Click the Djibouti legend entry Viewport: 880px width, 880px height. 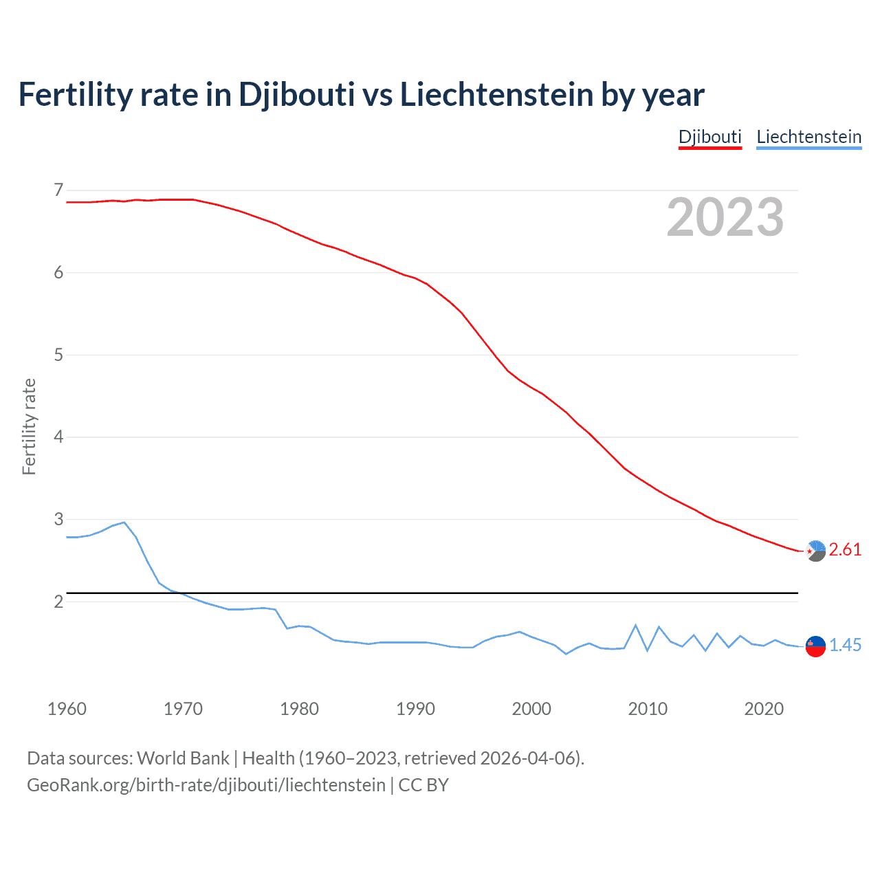709,137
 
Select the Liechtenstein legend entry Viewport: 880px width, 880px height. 808,137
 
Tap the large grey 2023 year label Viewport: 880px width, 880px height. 725,217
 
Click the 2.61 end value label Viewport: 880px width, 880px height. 845,549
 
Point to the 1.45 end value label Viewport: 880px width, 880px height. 845,645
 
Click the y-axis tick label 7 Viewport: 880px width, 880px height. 58,190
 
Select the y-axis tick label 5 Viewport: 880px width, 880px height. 58,355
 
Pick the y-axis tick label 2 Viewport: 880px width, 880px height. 58,602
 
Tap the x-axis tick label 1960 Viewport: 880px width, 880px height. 67,709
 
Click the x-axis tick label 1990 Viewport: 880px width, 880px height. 415,709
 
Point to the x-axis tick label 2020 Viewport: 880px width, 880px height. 764,709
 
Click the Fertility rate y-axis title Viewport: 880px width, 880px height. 29,426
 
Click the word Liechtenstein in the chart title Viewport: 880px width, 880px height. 496,95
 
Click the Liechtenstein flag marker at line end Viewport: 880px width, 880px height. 815,646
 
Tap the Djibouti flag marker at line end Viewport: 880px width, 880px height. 815,551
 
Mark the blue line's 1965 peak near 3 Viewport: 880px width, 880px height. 124,522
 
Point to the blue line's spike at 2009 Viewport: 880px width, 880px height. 636,625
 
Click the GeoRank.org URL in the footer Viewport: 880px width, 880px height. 206,785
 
